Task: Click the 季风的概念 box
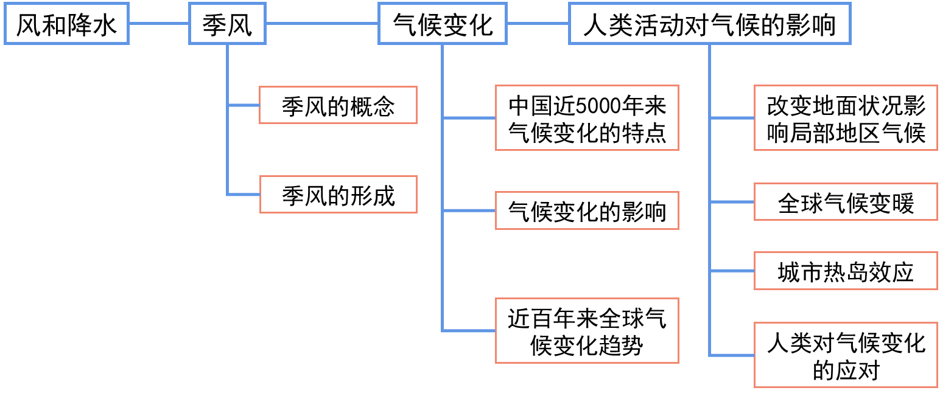pyautogui.click(x=338, y=106)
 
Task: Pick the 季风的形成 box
pyautogui.click(x=338, y=195)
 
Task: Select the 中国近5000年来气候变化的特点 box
pyautogui.click(x=587, y=118)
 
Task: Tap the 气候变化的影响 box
pyautogui.click(x=587, y=211)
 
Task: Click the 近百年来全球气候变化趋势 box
pyautogui.click(x=587, y=330)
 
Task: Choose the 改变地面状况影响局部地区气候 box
pyautogui.click(x=846, y=118)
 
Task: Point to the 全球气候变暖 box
pyautogui.click(x=846, y=201)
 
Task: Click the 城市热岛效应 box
pyautogui.click(x=846, y=271)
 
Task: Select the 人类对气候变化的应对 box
pyautogui.click(x=846, y=355)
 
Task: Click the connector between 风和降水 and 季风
pyautogui.click(x=159, y=24)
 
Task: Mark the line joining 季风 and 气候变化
pyautogui.click(x=322, y=24)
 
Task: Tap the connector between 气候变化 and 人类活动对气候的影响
pyautogui.click(x=538, y=24)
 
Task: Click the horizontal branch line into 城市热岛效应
pyautogui.click(x=732, y=271)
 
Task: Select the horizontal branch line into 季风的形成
pyautogui.click(x=244, y=195)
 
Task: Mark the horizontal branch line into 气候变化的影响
pyautogui.click(x=469, y=211)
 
